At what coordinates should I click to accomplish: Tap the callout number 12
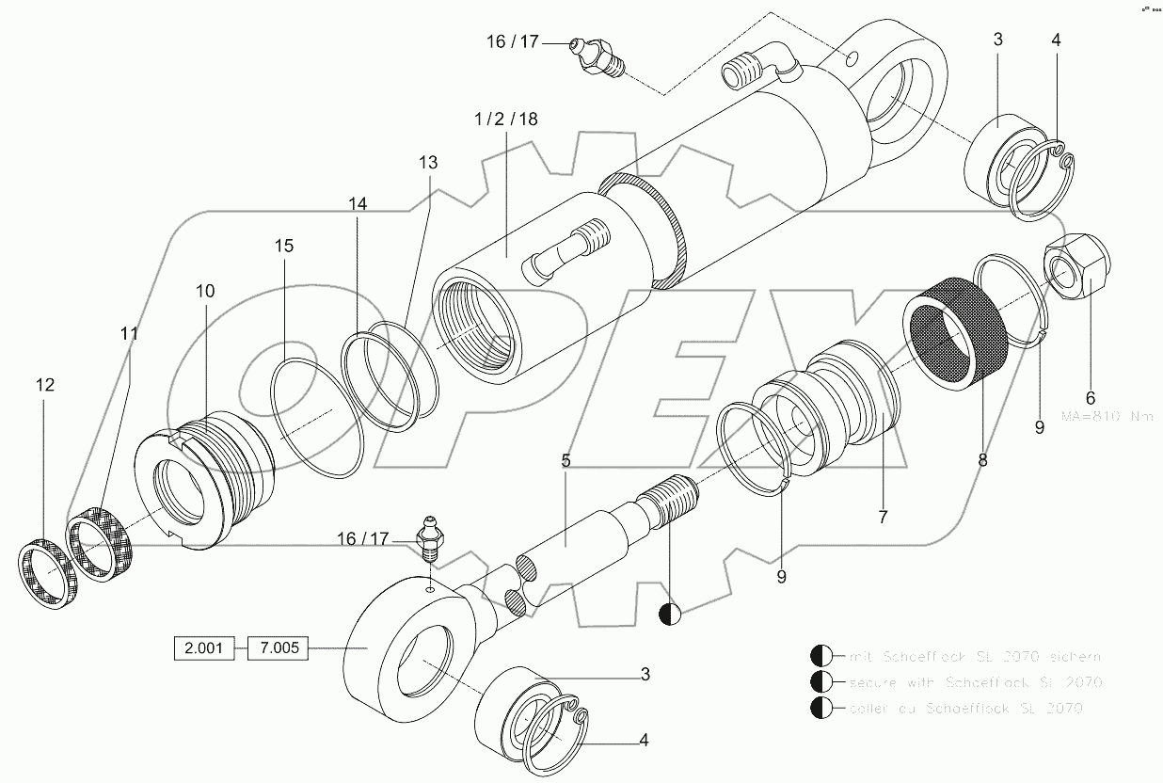tap(45, 385)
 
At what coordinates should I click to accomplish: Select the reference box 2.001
tap(203, 649)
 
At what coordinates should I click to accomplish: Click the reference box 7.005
tap(278, 649)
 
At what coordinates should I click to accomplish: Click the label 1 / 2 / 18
tap(506, 119)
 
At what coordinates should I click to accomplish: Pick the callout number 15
tap(284, 246)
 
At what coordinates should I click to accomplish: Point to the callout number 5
tap(566, 461)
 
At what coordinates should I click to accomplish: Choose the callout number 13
tap(428, 163)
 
